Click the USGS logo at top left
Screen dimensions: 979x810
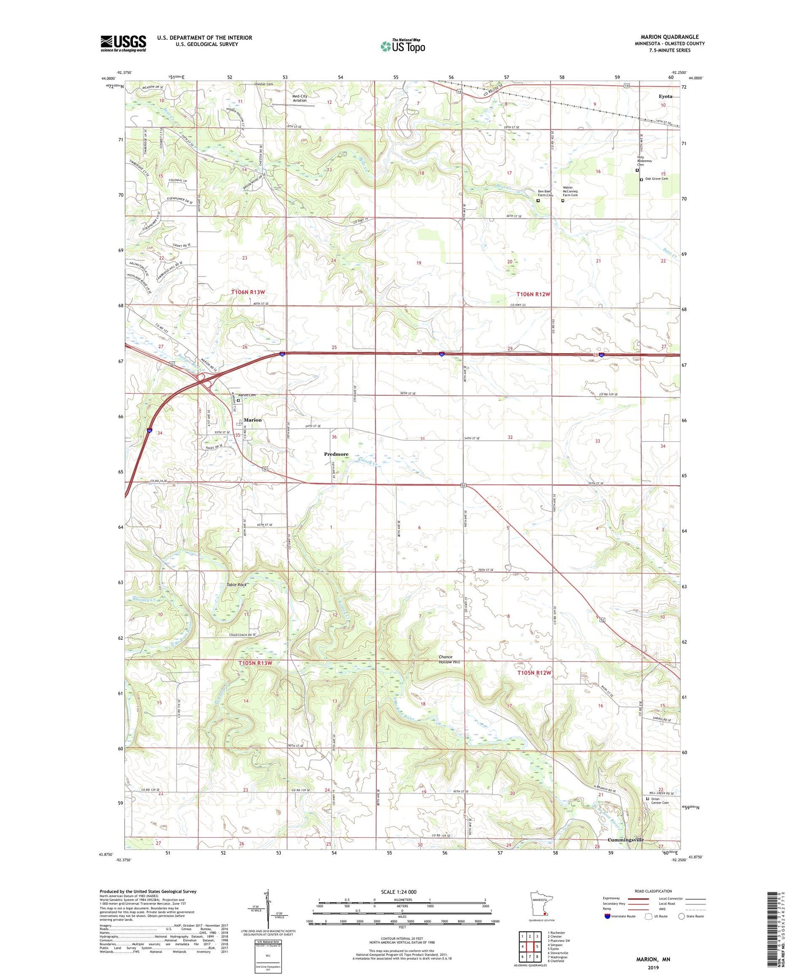click(123, 43)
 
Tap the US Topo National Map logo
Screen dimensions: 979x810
click(402, 46)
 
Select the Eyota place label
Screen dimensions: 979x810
click(665, 96)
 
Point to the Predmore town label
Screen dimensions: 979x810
click(336, 454)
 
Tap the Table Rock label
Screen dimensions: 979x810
click(236, 585)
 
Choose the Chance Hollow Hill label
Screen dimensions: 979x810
click(449, 659)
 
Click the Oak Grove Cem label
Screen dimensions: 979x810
click(656, 179)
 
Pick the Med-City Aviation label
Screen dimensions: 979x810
click(300, 98)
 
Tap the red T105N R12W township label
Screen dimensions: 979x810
click(534, 672)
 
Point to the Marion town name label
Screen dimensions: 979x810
click(253, 420)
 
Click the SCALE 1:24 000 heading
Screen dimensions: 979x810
click(399, 892)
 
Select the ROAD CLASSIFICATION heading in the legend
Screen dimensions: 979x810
click(653, 891)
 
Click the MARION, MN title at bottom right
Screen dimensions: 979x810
click(652, 959)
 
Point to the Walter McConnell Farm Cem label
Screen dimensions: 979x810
click(570, 191)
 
